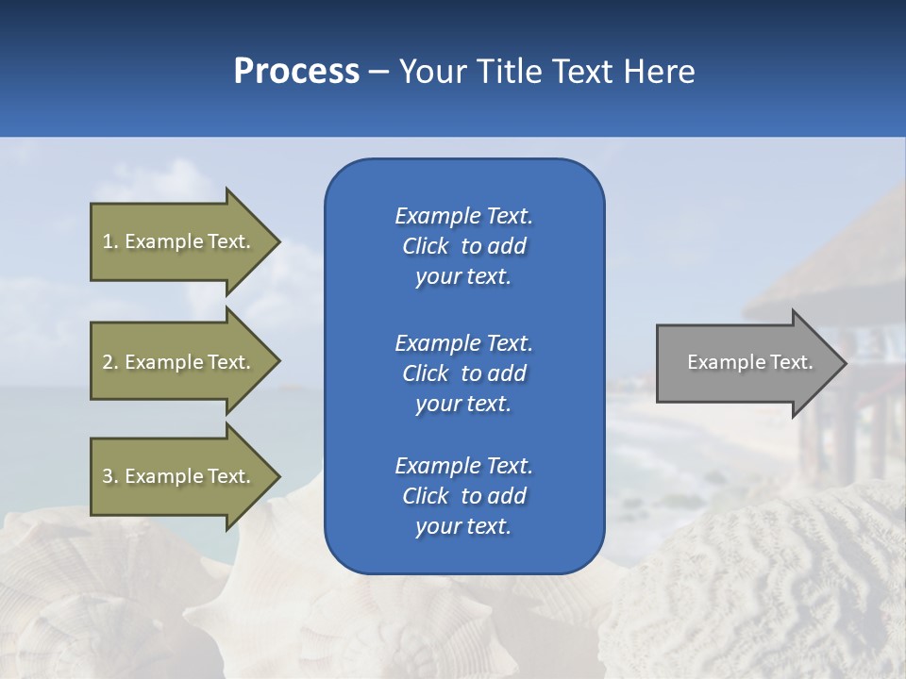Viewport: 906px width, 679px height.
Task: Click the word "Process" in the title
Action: (296, 72)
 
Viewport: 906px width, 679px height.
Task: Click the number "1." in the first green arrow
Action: (110, 241)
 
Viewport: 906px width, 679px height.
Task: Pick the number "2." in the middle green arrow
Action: (110, 362)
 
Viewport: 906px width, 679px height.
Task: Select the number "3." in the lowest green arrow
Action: (110, 476)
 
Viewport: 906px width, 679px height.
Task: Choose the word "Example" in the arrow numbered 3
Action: (162, 476)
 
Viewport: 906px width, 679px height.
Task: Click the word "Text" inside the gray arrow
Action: (791, 362)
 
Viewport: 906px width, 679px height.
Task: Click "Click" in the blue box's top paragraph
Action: (425, 246)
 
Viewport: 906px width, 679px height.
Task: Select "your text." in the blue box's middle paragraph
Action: (463, 404)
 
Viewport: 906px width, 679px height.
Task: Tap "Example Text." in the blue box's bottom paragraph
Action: (463, 466)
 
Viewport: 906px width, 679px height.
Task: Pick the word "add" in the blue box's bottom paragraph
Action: (508, 496)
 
